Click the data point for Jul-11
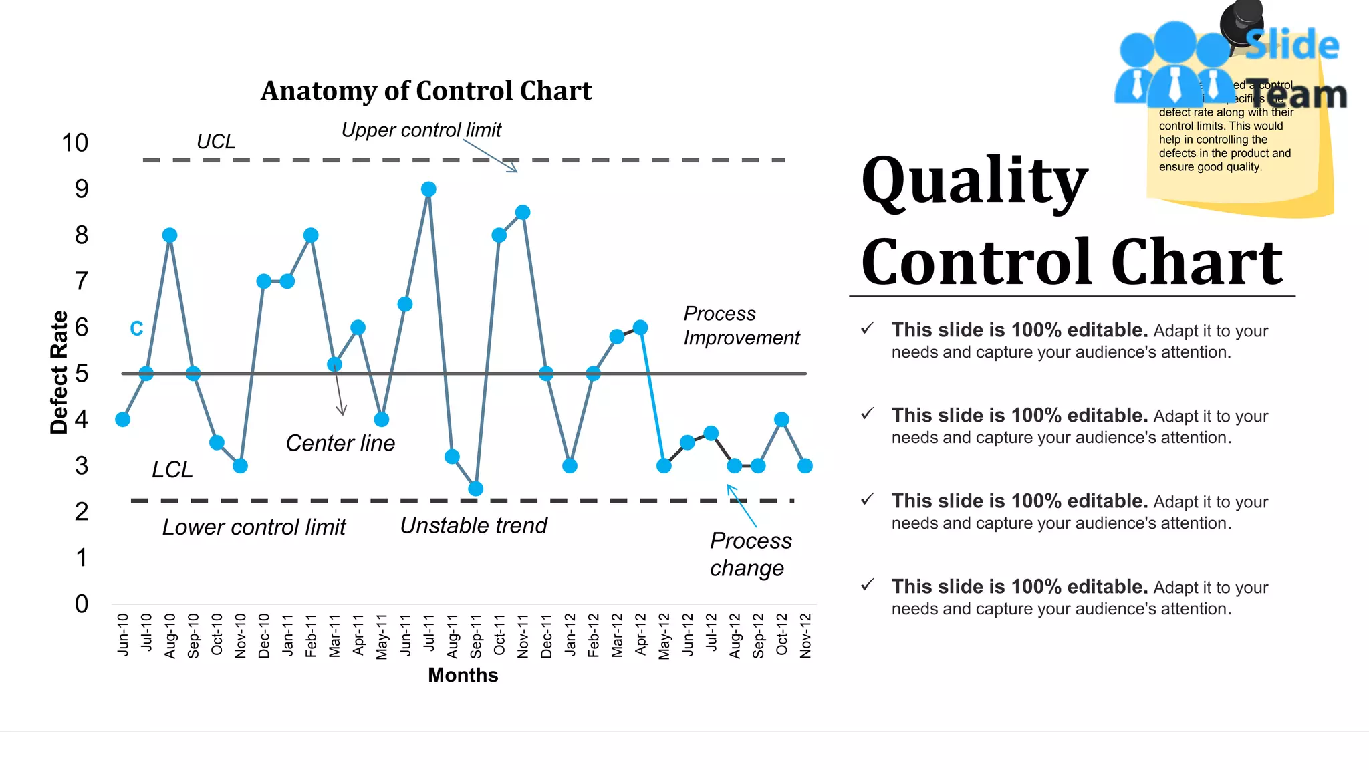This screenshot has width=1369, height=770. click(x=428, y=190)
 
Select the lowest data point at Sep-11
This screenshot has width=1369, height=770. click(x=475, y=489)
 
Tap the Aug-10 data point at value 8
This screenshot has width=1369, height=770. click(x=170, y=235)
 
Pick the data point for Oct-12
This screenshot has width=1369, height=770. click(x=781, y=420)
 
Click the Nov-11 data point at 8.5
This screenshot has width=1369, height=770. click(x=523, y=213)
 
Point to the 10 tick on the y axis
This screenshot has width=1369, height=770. click(x=75, y=143)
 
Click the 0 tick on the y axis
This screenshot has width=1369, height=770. click(x=82, y=604)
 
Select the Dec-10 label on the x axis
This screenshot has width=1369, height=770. click(x=264, y=636)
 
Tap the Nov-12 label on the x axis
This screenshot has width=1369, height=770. click(x=805, y=636)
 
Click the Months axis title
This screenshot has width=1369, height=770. click(x=463, y=675)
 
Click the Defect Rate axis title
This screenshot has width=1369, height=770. click(x=59, y=372)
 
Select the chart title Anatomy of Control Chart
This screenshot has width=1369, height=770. click(x=426, y=91)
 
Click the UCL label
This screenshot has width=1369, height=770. click(x=215, y=142)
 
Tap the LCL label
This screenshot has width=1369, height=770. click(x=172, y=469)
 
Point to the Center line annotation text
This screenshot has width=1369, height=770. click(x=340, y=443)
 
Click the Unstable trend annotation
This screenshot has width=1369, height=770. click(x=473, y=525)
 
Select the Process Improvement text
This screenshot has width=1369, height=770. click(x=741, y=326)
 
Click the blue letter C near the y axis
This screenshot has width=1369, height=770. click(x=136, y=328)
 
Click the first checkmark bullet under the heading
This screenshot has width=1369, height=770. click(x=868, y=328)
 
